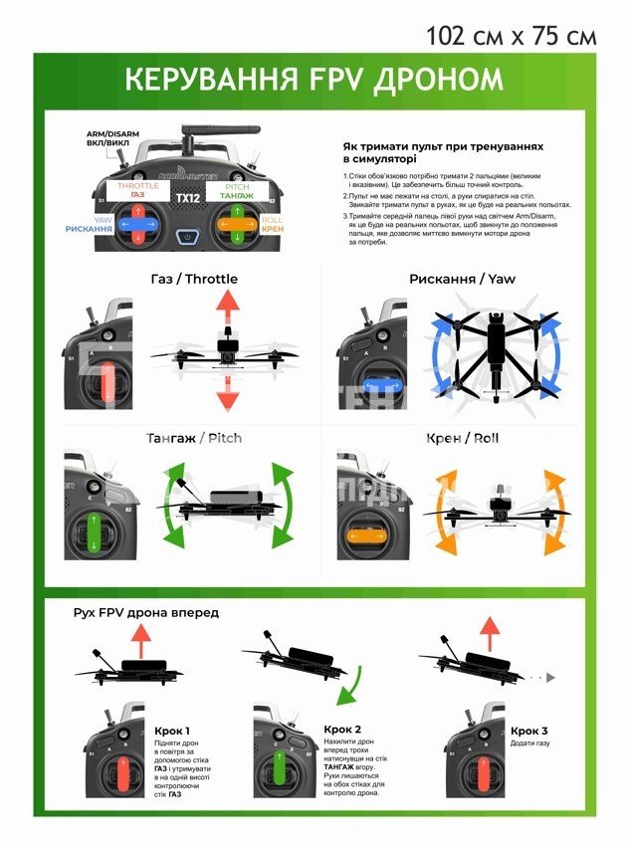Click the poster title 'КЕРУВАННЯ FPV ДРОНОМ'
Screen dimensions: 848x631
point(314,81)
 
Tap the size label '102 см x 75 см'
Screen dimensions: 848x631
point(511,36)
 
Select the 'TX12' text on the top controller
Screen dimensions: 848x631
point(185,198)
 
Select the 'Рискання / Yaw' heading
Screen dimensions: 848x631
point(462,279)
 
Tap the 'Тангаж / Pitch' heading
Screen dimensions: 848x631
point(193,438)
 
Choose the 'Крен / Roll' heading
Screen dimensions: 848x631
point(462,438)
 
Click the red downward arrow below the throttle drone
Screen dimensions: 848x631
point(228,395)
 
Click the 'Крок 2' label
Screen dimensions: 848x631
point(342,729)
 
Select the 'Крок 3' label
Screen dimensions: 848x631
point(528,732)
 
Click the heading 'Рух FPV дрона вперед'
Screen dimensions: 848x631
point(146,612)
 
